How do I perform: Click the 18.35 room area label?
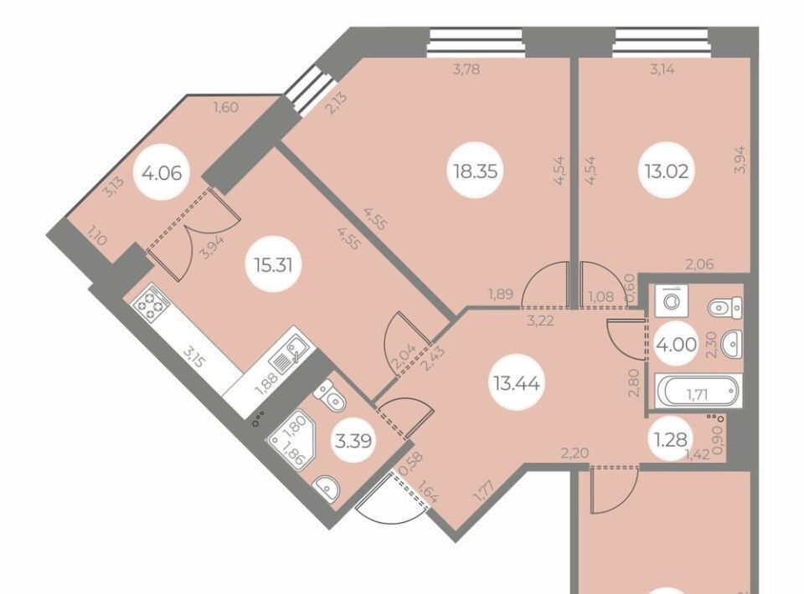(x=476, y=171)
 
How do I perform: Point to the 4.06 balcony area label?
(x=162, y=173)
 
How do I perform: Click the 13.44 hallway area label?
(x=517, y=382)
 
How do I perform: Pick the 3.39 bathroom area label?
(x=353, y=440)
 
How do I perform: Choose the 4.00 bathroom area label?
(x=677, y=344)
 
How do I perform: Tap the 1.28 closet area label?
(x=670, y=439)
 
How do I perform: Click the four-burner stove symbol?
(x=151, y=305)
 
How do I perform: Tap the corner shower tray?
(x=291, y=443)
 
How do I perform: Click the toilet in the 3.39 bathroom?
(x=331, y=395)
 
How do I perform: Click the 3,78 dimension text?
(x=466, y=69)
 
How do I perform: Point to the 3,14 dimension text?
(x=662, y=69)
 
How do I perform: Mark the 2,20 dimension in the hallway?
(x=575, y=453)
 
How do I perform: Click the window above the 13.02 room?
(x=662, y=43)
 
